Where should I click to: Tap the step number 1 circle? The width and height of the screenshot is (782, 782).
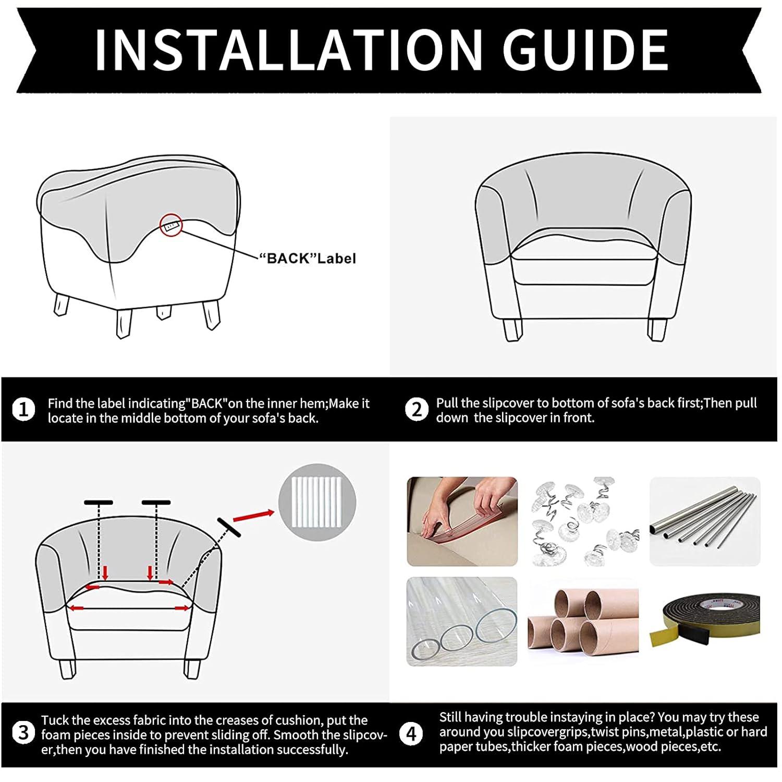coord(23,410)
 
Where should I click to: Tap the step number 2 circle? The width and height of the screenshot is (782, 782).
coord(416,410)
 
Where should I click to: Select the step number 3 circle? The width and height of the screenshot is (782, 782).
coord(23,733)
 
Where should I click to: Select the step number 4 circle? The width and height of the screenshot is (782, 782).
coord(411,734)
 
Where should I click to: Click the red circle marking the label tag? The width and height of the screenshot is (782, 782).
coord(171,225)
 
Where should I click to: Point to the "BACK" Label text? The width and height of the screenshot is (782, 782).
coord(308,259)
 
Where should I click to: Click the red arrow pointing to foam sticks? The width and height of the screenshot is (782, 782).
coord(253,516)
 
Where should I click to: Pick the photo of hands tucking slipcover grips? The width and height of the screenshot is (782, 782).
coord(462,521)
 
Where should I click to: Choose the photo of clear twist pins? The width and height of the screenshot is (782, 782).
coord(583,521)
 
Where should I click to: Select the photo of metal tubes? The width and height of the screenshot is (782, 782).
coord(705,521)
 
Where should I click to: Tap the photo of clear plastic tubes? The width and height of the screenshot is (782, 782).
coord(462,621)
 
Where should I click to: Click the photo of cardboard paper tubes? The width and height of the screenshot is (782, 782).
coord(583,621)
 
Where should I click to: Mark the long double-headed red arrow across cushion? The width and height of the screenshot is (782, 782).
coord(129,608)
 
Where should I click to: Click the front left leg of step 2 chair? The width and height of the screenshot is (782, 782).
coord(512,329)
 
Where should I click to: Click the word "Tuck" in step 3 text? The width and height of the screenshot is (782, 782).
coord(54,720)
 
